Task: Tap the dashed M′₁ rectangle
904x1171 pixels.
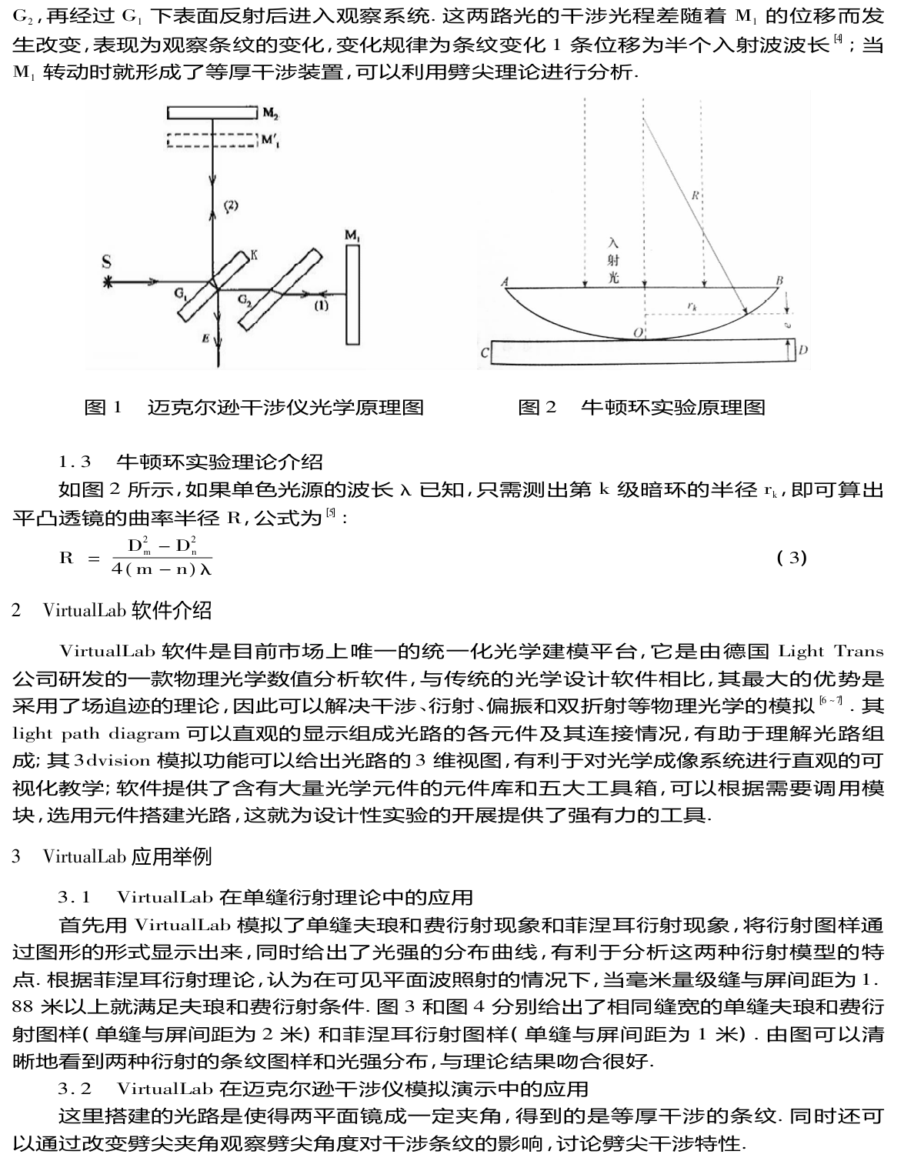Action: tap(211, 141)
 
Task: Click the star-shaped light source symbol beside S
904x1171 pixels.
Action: tap(108, 282)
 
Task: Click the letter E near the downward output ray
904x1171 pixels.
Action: tap(205, 337)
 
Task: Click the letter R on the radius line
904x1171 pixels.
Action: tap(694, 195)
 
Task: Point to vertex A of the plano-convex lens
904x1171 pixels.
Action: tap(505, 282)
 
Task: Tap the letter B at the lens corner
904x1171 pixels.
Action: tap(779, 281)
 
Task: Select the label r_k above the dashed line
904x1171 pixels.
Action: tap(692, 306)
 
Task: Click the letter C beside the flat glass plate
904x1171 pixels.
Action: tap(484, 353)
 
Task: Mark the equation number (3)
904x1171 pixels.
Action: tap(792, 557)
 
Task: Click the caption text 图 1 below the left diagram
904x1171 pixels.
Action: tap(102, 407)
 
